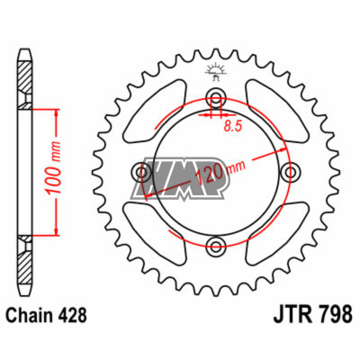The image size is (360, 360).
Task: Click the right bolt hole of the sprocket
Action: point(289,172)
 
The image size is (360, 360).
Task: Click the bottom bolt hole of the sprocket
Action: point(216,245)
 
